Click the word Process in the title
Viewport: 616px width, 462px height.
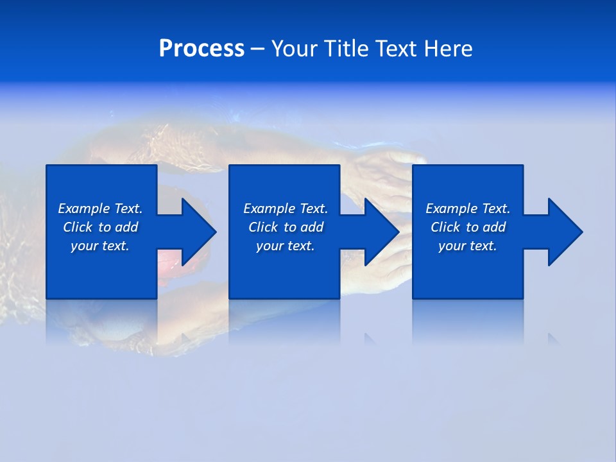(x=201, y=49)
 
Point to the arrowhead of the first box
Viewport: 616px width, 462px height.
(x=199, y=232)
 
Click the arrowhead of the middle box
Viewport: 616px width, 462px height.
(x=382, y=232)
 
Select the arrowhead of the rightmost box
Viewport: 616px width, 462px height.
(x=565, y=232)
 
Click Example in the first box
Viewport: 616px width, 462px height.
(x=83, y=209)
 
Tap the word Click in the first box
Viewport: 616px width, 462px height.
(x=78, y=227)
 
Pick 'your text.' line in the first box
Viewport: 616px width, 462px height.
(x=100, y=246)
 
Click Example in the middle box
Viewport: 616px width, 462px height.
(x=269, y=209)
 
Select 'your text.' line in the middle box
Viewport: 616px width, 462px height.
(x=286, y=246)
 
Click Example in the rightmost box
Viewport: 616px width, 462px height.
(x=451, y=209)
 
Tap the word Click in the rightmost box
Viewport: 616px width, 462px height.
(x=445, y=227)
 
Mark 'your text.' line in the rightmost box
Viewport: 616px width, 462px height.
(x=468, y=246)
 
